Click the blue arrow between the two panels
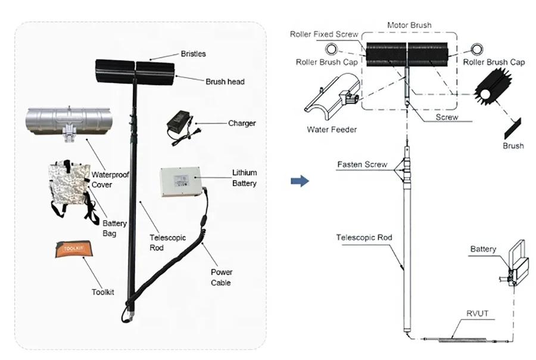tap(303, 179)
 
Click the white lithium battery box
tap(182, 182)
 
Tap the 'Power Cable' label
tap(222, 277)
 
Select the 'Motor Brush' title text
tap(409, 26)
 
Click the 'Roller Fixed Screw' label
tap(324, 35)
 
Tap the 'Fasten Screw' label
tap(362, 164)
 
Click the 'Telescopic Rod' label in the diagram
tap(364, 237)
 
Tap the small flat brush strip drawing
tap(512, 126)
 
